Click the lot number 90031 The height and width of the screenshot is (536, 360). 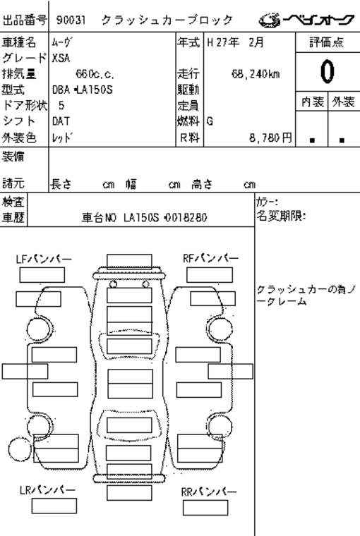[71, 20]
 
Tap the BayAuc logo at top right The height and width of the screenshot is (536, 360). [306, 20]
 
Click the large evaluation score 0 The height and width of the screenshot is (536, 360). [327, 71]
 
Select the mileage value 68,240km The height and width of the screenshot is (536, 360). [256, 74]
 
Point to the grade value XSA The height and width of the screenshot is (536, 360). [61, 58]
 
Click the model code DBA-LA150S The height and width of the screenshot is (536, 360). [82, 90]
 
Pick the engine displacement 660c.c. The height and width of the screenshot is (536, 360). [95, 74]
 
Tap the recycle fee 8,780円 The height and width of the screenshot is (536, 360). [270, 138]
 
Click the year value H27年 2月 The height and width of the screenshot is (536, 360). [236, 42]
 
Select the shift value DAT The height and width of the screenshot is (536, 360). [61, 121]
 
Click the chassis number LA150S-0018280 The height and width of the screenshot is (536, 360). [165, 217]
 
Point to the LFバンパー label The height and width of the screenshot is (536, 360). [44, 259]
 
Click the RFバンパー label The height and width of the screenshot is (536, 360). [210, 258]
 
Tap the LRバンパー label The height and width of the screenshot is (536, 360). [47, 490]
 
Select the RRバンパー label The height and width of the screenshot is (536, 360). [209, 492]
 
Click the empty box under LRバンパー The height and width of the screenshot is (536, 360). [54, 506]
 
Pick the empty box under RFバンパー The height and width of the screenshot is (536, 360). [210, 275]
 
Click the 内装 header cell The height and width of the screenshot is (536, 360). [313, 102]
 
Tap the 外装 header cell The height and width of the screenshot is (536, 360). [344, 102]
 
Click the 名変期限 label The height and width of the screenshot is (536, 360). [281, 216]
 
